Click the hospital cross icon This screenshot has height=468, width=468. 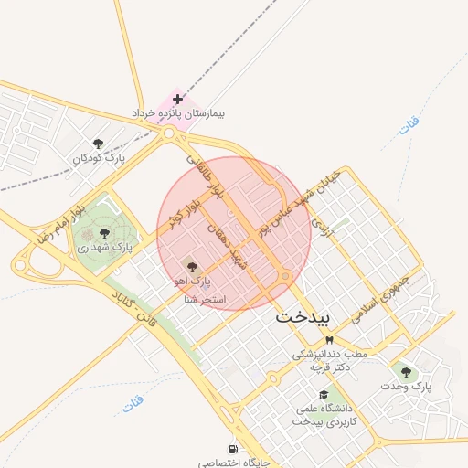(177, 99)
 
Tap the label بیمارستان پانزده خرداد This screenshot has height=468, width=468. (178, 116)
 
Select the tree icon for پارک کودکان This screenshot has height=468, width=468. (99, 144)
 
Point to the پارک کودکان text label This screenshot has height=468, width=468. (98, 159)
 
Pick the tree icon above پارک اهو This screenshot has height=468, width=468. (191, 265)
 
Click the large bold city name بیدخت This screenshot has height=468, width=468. (307, 318)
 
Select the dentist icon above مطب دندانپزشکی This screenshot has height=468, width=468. (329, 339)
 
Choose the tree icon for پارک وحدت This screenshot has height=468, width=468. (405, 371)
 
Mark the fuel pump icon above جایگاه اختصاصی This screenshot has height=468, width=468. (234, 450)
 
